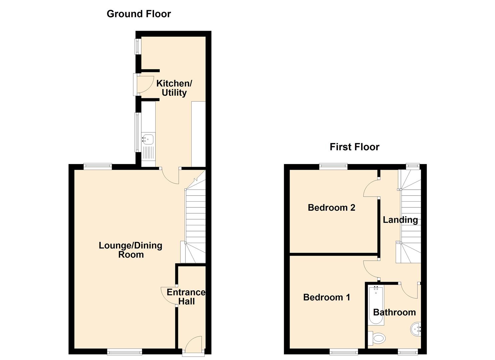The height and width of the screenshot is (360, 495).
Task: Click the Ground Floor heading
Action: (139, 14)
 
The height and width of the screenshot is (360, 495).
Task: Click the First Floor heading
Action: (354, 147)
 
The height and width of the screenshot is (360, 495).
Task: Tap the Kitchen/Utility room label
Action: (174, 88)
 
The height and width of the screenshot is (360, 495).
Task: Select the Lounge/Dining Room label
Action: (131, 250)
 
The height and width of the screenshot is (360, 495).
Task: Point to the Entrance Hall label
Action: (186, 297)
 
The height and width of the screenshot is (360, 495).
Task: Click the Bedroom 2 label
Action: (331, 208)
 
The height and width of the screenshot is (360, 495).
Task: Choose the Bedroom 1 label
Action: (327, 297)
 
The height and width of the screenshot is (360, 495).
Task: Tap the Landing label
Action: (400, 220)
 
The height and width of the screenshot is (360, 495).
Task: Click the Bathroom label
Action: (394, 312)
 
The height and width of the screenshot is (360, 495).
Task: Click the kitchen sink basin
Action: (148, 139)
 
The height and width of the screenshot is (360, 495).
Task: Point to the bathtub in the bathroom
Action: (376, 306)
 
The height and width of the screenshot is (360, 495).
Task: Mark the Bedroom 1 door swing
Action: (371, 269)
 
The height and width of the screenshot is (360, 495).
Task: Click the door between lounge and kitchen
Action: (170, 176)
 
